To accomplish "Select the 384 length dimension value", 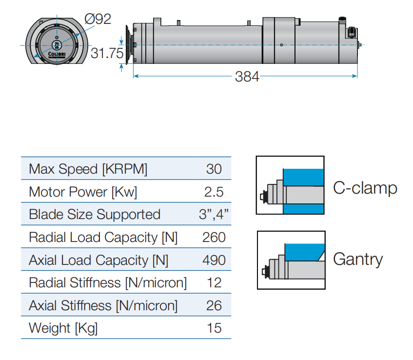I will pyautogui.click(x=247, y=77).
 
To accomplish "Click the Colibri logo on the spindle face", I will pyautogui.click(x=57, y=54).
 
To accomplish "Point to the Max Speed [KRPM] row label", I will pyautogui.click(x=88, y=169).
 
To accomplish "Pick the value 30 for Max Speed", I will pyautogui.click(x=214, y=169).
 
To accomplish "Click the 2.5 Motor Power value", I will pyautogui.click(x=214, y=192).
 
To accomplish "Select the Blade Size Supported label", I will pyautogui.click(x=94, y=215).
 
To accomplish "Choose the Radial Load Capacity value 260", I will pyautogui.click(x=214, y=238).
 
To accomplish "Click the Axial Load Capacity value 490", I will pyautogui.click(x=214, y=260).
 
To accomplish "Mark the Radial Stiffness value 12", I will pyautogui.click(x=214, y=283).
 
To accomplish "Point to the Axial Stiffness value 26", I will pyautogui.click(x=214, y=306).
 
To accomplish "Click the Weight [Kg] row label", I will pyautogui.click(x=63, y=328).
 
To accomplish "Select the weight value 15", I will pyautogui.click(x=214, y=328).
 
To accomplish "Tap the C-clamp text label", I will pyautogui.click(x=365, y=188).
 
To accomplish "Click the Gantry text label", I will pyautogui.click(x=358, y=259).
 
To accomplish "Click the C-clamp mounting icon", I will pyautogui.click(x=290, y=185).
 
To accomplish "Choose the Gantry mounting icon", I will pyautogui.click(x=291, y=260).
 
